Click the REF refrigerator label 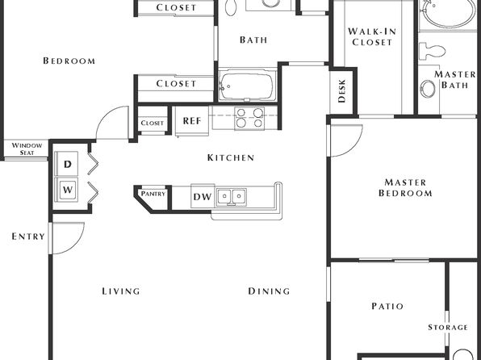click(192, 120)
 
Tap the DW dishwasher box click(203, 196)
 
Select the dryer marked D click(66, 164)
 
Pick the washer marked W click(66, 190)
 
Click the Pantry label click(153, 194)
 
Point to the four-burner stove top click(249, 118)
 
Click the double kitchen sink click(232, 197)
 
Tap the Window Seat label click(27, 149)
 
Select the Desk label click(341, 91)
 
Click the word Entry click(28, 237)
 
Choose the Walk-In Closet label click(372, 37)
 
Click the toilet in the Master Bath click(433, 51)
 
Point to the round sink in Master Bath click(428, 89)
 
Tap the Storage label click(448, 327)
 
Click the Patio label click(387, 306)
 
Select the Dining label click(269, 291)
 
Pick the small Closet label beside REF click(153, 123)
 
